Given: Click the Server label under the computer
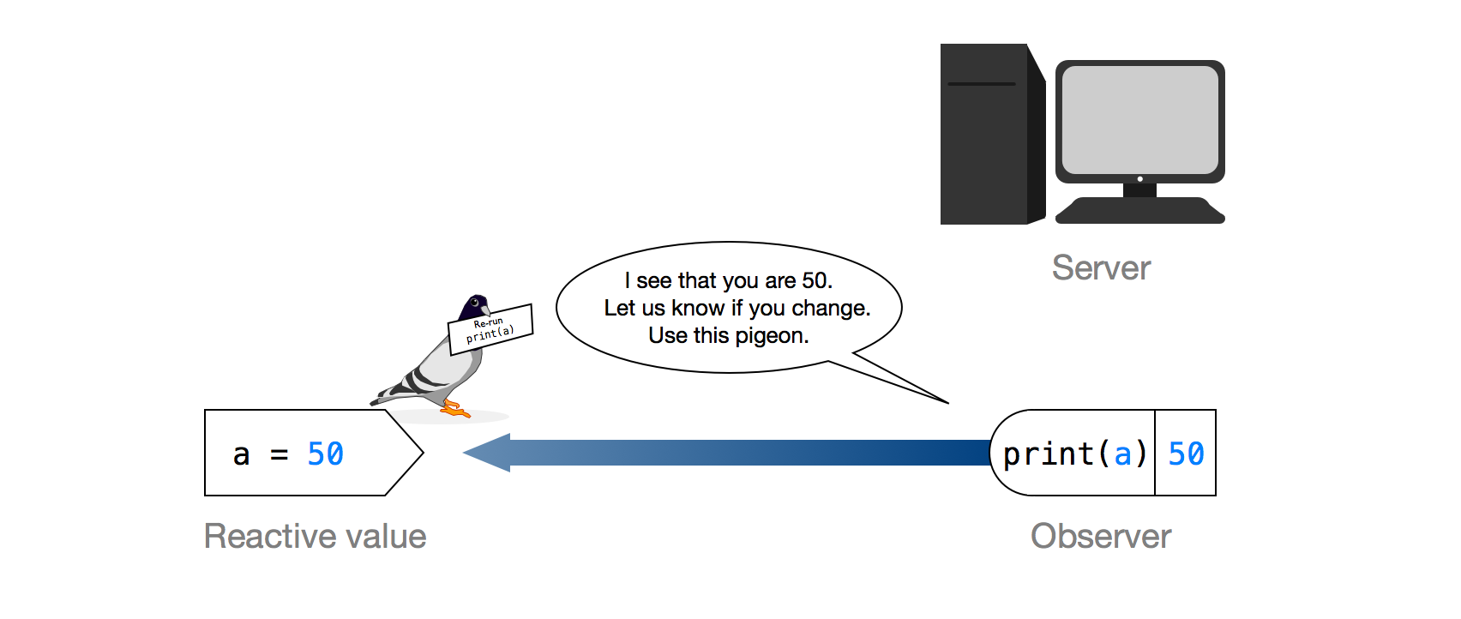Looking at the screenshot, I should [x=1101, y=268].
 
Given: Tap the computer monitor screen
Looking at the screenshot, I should [x=1139, y=120].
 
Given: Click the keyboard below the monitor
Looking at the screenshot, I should [x=1139, y=211].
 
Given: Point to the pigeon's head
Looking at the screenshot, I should [x=473, y=306].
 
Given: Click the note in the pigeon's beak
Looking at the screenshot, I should [x=491, y=329].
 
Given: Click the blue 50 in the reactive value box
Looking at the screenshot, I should [x=325, y=454].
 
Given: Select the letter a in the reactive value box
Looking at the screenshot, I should [x=242, y=454].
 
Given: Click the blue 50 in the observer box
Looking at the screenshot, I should [x=1186, y=454].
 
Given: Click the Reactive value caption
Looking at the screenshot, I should [x=315, y=537].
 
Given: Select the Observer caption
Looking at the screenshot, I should [x=1101, y=537].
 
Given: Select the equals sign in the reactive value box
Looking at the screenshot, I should [x=280, y=454].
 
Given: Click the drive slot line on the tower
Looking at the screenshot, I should [x=982, y=84].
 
